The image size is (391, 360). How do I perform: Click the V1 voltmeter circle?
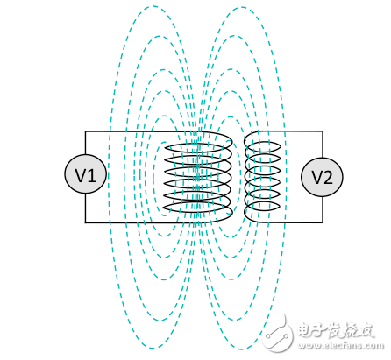coord(85,176)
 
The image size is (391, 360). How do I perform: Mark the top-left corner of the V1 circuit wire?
coord(85,132)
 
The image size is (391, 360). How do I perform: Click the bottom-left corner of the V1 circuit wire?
coord(85,222)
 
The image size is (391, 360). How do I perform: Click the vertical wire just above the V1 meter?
coord(85,145)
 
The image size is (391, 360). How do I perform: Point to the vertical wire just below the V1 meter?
coord(85,208)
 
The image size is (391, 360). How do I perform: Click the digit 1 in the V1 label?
coord(92,176)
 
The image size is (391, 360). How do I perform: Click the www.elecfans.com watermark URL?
coord(347,349)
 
